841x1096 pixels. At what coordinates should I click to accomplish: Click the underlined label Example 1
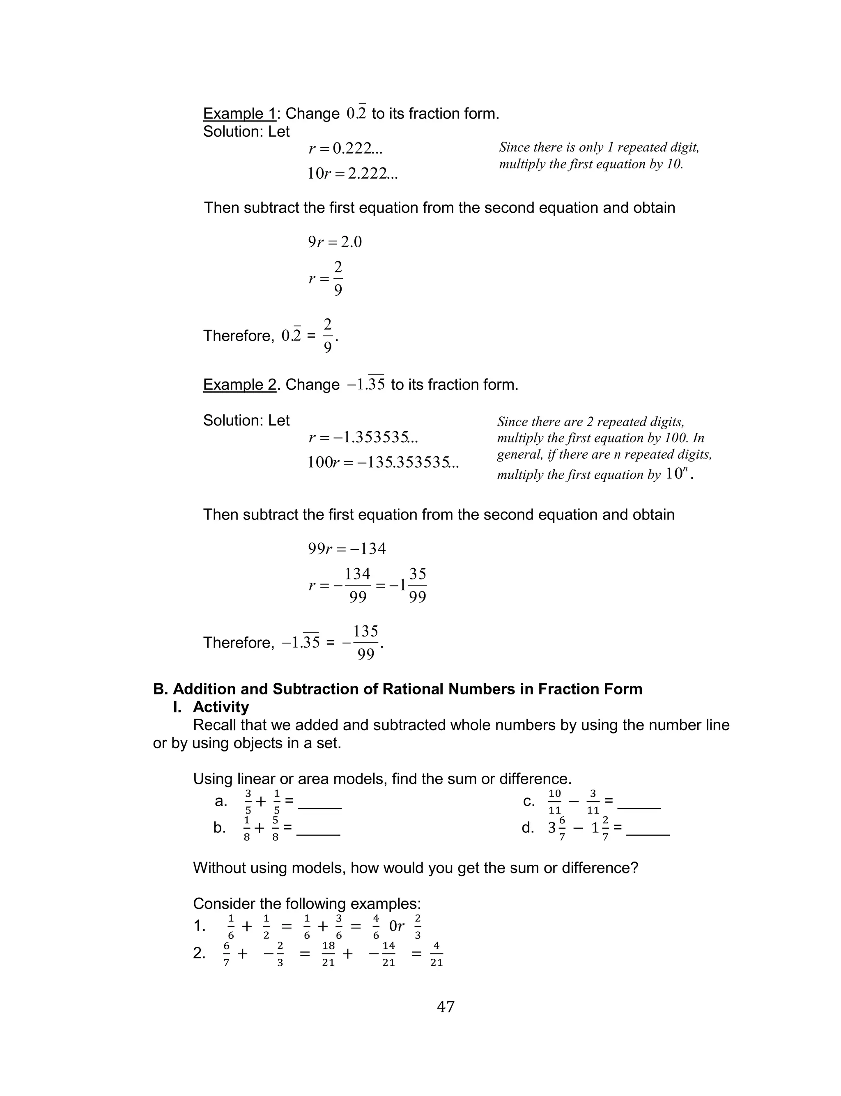(x=239, y=114)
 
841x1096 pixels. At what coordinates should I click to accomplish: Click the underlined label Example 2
(x=239, y=384)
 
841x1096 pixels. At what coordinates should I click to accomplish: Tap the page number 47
(x=446, y=1006)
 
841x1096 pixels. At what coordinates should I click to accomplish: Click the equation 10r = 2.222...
(x=352, y=174)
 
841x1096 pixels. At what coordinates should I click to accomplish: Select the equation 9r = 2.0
(x=334, y=242)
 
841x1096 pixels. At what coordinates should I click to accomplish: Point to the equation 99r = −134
(x=347, y=549)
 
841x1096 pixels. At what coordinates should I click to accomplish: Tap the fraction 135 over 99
(x=365, y=642)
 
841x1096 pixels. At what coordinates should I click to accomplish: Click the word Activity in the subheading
(x=221, y=707)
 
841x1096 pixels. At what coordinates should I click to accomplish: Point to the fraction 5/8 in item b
(x=275, y=828)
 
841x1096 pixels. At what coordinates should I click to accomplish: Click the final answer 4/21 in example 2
(x=437, y=954)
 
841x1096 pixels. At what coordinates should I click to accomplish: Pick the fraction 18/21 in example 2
(x=329, y=954)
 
